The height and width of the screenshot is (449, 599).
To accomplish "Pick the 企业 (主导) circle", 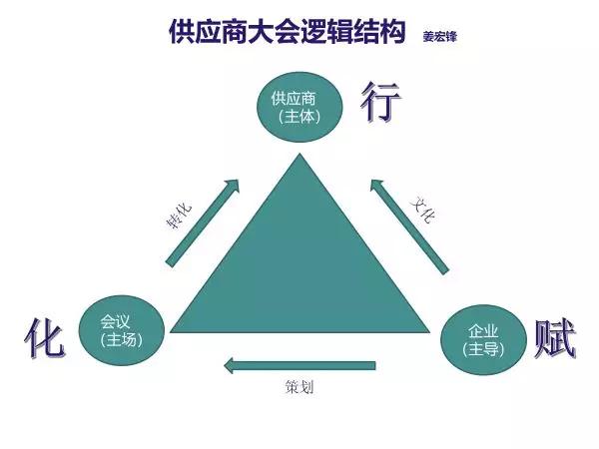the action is coord(482,340).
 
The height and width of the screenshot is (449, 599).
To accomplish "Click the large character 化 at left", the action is coord(45,340).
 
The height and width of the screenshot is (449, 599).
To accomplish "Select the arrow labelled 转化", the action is coord(202,223).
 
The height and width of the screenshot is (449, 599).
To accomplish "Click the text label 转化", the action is coord(179,215).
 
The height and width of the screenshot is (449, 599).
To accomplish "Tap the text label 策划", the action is coord(299,387).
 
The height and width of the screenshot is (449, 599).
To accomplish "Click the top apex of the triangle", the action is coord(299,153).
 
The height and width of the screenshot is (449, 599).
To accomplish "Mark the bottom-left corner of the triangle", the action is coord(172,331).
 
